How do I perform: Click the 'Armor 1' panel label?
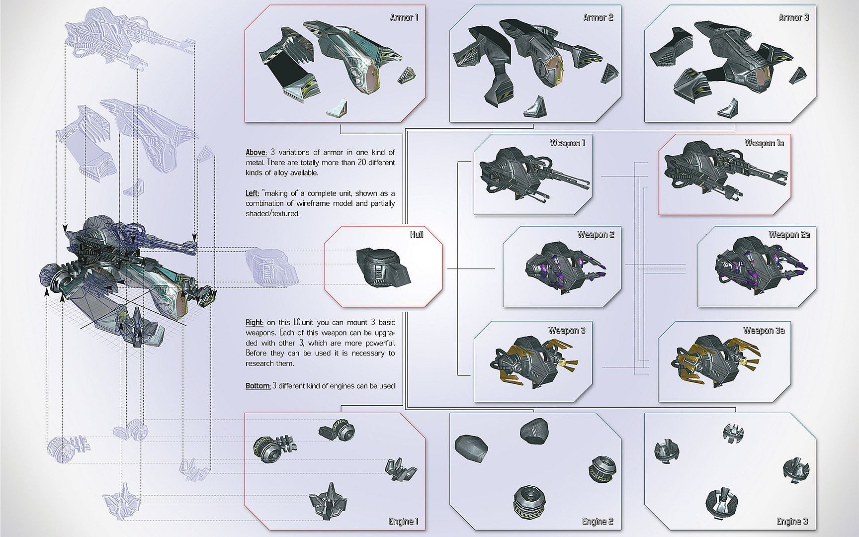(404, 18)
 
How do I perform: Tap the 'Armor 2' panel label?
(598, 18)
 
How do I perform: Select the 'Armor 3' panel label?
(793, 18)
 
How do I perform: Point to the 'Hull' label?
(417, 235)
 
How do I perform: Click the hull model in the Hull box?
(382, 267)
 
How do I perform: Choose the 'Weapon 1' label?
(567, 143)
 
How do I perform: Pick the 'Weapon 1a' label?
(764, 143)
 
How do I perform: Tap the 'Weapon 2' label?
(596, 235)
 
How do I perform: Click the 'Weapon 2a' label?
(789, 235)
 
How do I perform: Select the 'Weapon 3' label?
(567, 331)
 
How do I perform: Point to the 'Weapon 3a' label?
(764, 331)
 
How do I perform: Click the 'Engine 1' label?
(403, 522)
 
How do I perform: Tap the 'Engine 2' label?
(598, 522)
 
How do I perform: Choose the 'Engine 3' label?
(792, 522)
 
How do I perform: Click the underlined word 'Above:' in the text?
(256, 153)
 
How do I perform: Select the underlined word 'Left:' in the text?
(253, 193)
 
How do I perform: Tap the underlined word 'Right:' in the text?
(255, 323)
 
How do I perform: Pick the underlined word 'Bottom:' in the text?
(258, 386)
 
